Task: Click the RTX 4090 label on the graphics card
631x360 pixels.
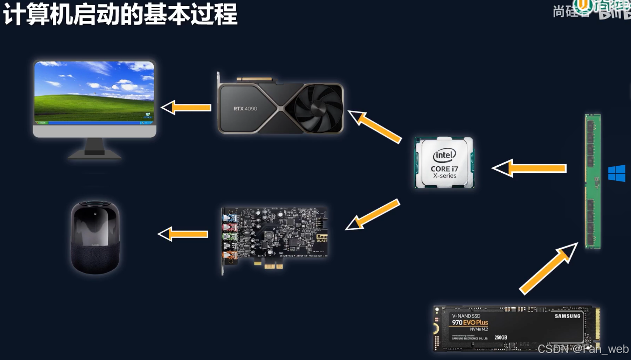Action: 245,108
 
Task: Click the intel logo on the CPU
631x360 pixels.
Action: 444,155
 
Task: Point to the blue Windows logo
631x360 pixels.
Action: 617,174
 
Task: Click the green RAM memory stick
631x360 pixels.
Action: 593,181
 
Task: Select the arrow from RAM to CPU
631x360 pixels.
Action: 530,168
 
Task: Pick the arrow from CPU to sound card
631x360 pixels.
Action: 373,215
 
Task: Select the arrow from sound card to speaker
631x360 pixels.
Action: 183,234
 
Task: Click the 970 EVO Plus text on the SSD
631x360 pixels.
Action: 470,323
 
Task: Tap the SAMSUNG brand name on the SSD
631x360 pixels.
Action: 568,316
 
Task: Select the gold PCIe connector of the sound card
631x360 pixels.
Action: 270,266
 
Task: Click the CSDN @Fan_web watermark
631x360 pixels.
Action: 583,349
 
